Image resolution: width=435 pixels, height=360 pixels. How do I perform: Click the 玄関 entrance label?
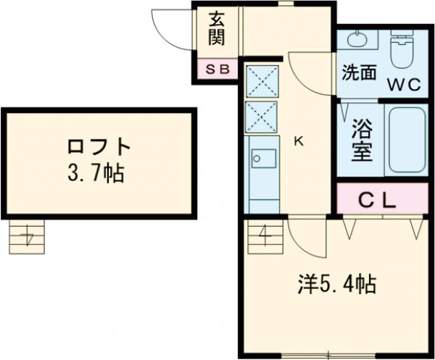217,28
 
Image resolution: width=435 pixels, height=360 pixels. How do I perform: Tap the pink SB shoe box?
217,70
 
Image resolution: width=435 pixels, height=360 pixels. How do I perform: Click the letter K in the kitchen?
298,142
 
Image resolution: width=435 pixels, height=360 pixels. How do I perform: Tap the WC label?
403,84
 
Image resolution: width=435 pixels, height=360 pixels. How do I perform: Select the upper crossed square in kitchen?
261,81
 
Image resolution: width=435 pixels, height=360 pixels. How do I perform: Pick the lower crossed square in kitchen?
261,116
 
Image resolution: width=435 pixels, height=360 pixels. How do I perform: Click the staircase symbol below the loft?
28,236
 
